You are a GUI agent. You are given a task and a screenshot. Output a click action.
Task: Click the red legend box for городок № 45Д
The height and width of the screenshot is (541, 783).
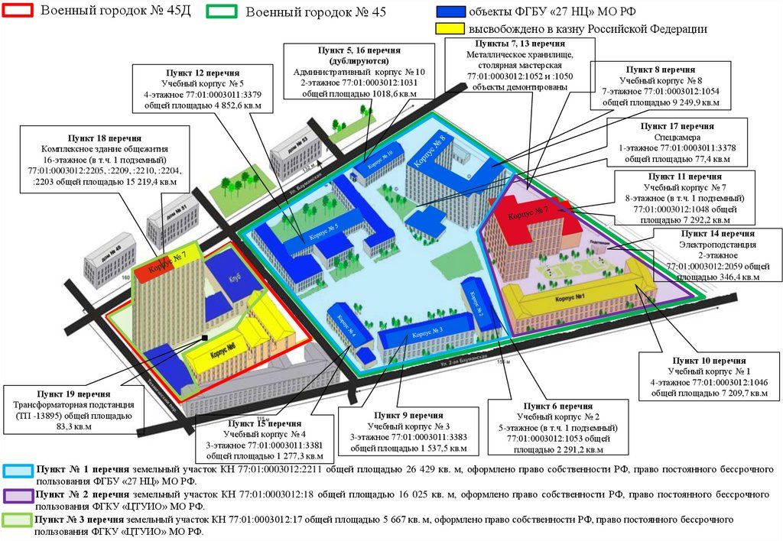tap(18, 11)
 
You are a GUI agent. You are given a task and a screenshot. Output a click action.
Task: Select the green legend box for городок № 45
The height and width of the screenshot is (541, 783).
tap(224, 11)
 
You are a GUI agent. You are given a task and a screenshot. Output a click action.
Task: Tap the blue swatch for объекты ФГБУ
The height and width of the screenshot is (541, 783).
tap(448, 12)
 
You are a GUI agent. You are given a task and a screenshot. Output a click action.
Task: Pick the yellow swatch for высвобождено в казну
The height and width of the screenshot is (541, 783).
tap(448, 28)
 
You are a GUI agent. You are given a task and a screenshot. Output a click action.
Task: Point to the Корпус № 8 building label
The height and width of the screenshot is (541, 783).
tap(430, 150)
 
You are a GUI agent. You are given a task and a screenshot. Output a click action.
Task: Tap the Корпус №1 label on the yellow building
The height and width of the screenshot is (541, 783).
tap(570, 297)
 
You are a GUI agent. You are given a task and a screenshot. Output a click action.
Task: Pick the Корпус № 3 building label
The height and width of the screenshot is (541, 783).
tap(427, 332)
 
